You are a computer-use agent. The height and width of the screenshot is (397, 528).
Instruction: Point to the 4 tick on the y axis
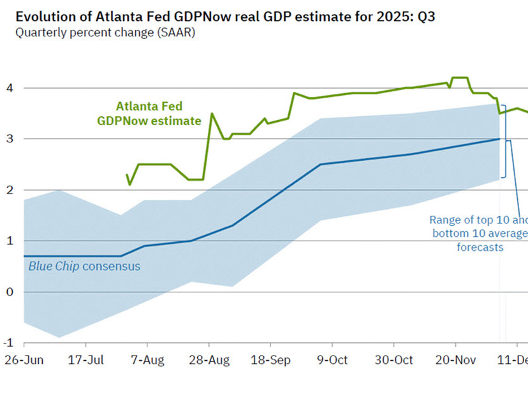pos(10,88)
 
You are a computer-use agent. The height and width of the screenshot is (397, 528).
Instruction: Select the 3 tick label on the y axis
pos(10,139)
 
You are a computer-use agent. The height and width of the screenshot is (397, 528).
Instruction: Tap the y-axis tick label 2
pos(10,190)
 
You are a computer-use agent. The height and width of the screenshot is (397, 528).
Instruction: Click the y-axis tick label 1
pos(10,241)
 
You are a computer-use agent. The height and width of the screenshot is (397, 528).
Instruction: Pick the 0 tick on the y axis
pos(10,292)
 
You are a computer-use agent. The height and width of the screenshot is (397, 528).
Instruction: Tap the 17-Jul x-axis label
pos(85,361)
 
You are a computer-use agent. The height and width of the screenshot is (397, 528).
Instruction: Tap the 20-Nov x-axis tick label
pos(455,361)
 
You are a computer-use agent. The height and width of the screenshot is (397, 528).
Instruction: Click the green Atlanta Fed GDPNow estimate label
pos(149,114)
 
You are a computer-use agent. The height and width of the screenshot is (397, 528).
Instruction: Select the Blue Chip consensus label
pos(84,266)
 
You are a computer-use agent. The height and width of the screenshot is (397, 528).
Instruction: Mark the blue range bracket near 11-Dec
pos(503,140)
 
